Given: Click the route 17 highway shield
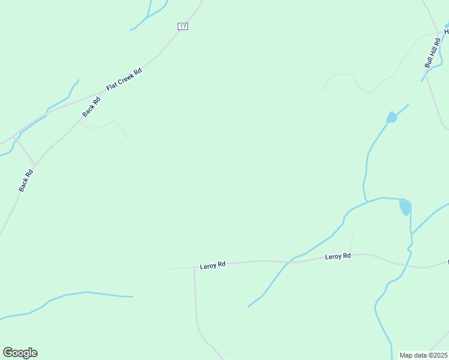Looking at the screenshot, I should click(x=183, y=26).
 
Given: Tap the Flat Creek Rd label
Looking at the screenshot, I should click(x=124, y=79).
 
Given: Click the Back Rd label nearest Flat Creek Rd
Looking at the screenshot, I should click(x=91, y=107).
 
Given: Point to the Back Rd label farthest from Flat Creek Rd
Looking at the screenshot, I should click(x=25, y=181).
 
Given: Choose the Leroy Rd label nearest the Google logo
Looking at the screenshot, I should click(x=212, y=265).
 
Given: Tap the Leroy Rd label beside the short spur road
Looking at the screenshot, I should click(x=337, y=256).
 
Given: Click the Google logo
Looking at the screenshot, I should click(x=20, y=353).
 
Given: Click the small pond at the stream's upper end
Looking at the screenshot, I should click(x=391, y=117).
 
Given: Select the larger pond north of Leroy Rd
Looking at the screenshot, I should click(x=405, y=208).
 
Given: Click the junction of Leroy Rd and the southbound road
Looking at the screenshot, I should click(x=194, y=267).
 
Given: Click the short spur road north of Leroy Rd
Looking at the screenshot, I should click(x=351, y=243).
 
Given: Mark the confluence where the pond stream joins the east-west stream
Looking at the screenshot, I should click(x=366, y=201).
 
